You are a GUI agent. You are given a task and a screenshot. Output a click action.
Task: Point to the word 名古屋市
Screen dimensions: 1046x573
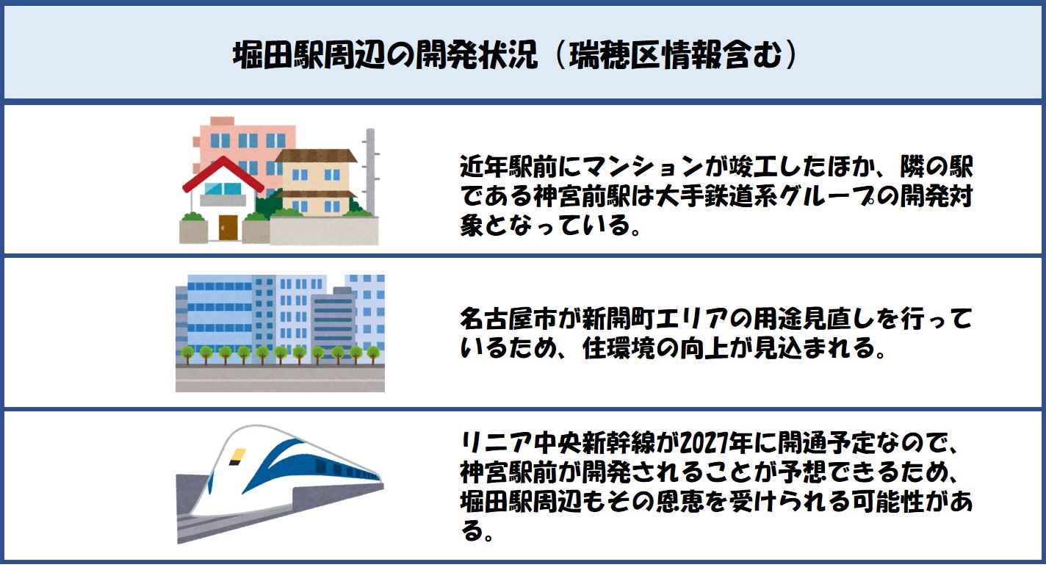pyautogui.click(x=508, y=320)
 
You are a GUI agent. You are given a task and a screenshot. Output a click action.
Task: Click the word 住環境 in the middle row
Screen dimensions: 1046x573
pyautogui.click(x=618, y=348)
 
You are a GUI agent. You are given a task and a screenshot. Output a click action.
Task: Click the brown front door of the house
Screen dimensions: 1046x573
pyautogui.click(x=228, y=228)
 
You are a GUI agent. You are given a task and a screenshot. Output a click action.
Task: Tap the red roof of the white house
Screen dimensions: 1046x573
pyautogui.click(x=223, y=174)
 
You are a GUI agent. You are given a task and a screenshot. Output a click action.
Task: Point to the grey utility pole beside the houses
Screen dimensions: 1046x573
pyautogui.click(x=370, y=172)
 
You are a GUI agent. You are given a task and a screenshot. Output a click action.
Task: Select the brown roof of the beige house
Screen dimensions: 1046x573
pyautogui.click(x=316, y=156)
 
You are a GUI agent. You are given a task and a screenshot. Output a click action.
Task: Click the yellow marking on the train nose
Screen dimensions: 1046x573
pyautogui.click(x=237, y=457)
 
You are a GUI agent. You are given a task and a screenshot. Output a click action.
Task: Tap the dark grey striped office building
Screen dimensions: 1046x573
pyautogui.click(x=333, y=322)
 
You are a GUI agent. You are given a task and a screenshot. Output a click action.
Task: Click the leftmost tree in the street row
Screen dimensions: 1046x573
pyautogui.click(x=188, y=354)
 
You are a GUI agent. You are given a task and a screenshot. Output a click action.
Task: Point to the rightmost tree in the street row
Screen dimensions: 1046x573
pyautogui.click(x=373, y=354)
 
